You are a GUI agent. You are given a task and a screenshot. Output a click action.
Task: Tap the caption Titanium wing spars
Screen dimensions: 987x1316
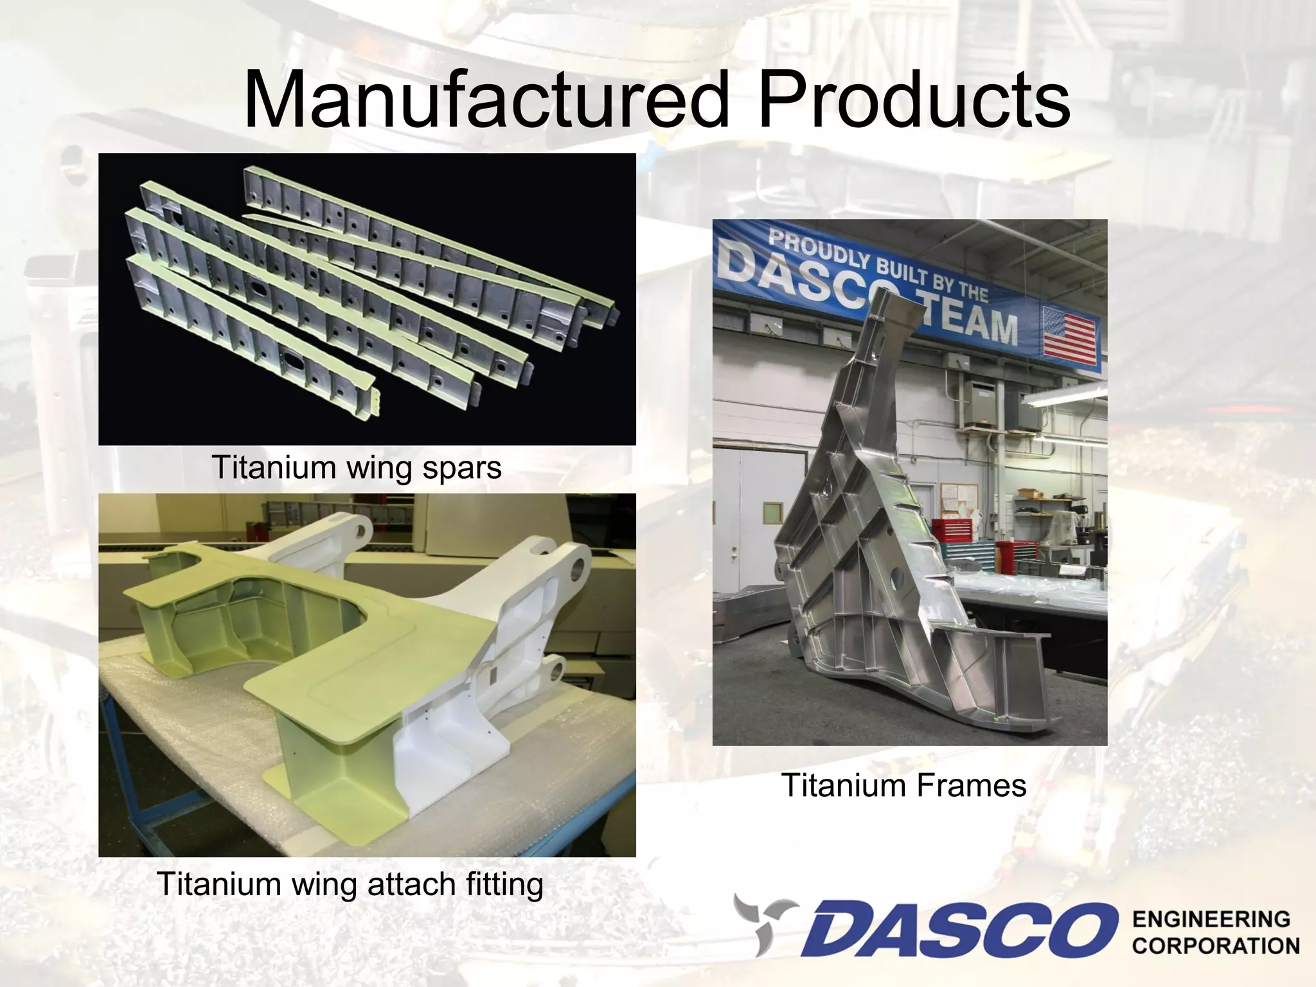356,467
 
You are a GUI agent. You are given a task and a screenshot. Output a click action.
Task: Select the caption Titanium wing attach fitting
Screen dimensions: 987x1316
350,884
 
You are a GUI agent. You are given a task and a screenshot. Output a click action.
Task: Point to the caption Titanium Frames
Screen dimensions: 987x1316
904,785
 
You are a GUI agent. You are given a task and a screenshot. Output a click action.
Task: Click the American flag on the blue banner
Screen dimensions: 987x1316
1069,332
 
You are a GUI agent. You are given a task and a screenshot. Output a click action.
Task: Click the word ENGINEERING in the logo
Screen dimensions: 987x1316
1211,920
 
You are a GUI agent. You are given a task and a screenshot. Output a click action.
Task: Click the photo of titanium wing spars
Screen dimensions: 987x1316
367,299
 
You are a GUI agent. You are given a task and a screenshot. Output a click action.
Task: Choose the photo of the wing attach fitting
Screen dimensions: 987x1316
367,675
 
